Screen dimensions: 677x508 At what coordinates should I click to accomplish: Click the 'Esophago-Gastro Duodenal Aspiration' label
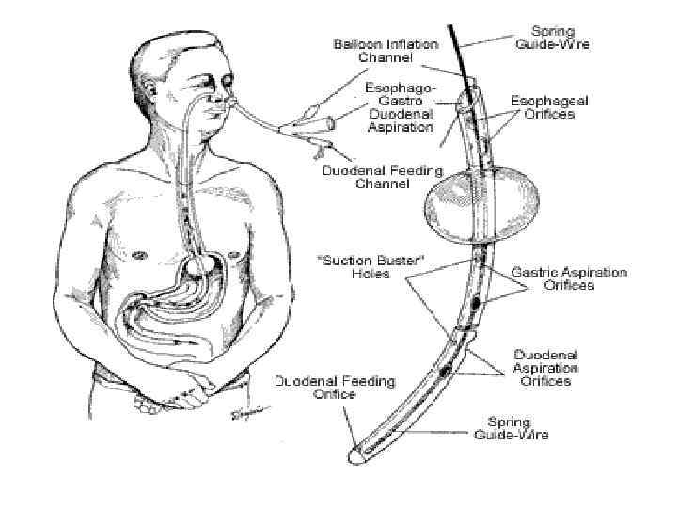pos(399,107)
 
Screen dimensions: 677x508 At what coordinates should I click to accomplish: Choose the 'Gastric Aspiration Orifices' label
pos(568,278)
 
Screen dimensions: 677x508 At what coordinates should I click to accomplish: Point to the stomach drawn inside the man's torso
pos(193,282)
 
